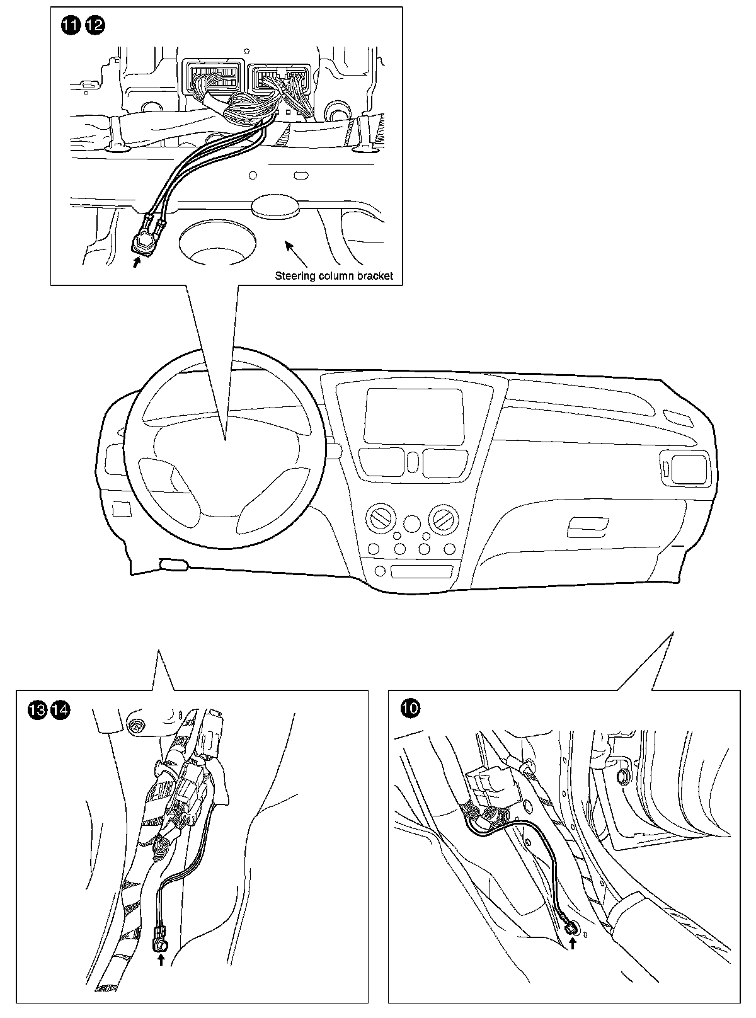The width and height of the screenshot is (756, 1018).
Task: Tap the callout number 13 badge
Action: click(37, 710)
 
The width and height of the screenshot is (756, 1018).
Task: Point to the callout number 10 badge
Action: click(410, 709)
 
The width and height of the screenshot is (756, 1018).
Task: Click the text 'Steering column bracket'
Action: click(334, 275)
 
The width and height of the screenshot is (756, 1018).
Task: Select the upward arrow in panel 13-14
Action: click(161, 959)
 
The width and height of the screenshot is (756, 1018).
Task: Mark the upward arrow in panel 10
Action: click(573, 943)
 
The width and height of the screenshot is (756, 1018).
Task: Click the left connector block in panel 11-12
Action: click(213, 79)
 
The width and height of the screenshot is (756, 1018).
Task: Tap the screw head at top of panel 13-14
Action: click(135, 726)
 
